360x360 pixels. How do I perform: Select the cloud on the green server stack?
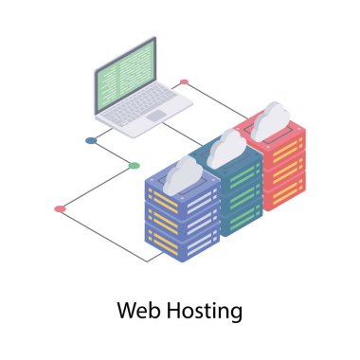point(227,147)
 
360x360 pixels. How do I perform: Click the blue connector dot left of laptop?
point(91,140)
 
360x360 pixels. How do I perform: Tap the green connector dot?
point(134,166)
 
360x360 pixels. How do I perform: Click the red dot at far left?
point(60,207)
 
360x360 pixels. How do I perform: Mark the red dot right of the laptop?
point(184,82)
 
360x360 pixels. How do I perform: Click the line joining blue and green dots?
point(112,153)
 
